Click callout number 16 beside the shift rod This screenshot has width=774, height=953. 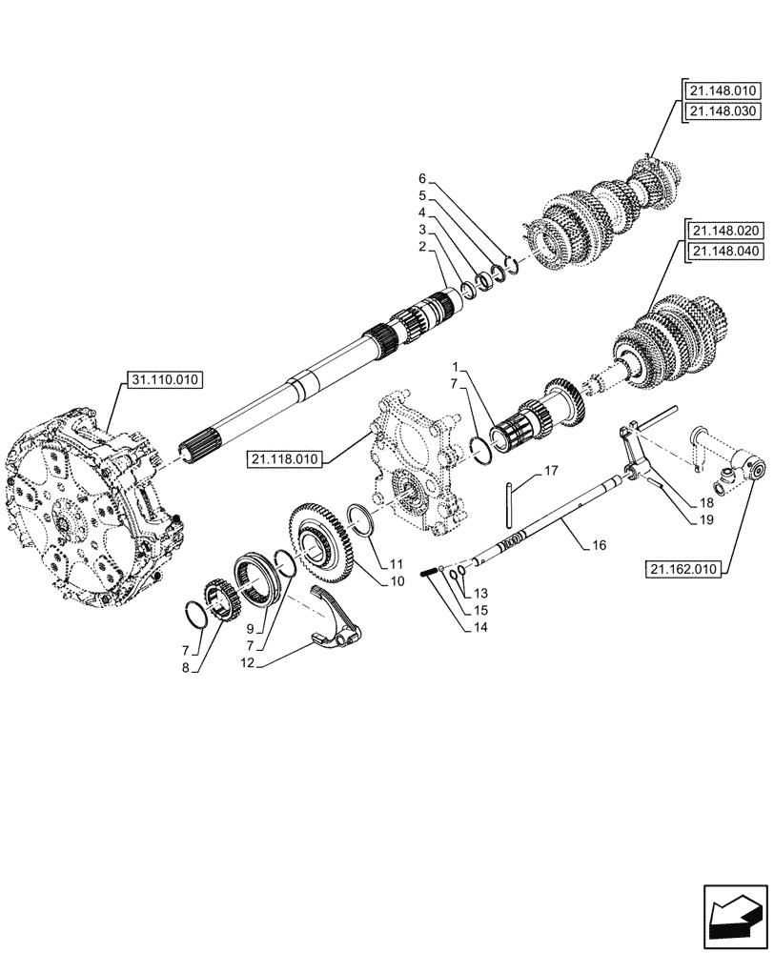598,543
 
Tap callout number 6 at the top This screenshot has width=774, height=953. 421,178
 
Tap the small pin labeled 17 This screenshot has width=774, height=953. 512,504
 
